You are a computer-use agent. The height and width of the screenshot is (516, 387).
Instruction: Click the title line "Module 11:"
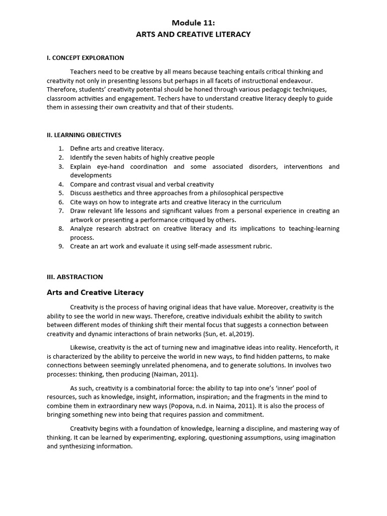[x=193, y=23]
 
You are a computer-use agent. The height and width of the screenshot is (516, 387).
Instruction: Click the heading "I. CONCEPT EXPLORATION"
[x=85, y=58]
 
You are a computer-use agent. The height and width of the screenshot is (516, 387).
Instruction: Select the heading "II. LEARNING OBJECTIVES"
[x=84, y=135]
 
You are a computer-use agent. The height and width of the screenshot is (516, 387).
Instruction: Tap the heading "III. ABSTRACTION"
[x=75, y=277]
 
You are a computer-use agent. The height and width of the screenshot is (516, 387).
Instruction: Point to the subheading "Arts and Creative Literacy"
[x=95, y=292]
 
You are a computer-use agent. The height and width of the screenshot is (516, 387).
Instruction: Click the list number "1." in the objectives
[x=61, y=149]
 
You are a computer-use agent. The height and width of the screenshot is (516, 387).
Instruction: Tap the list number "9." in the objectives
[x=61, y=246]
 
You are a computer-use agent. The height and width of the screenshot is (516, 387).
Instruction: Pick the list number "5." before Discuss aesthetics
[x=61, y=193]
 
